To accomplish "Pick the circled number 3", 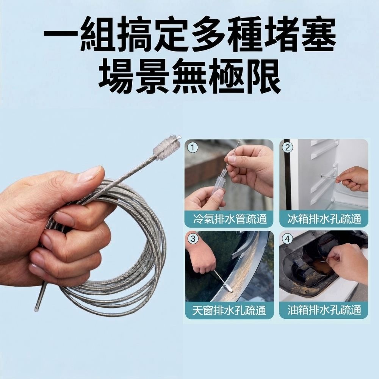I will pyautogui.click(x=193, y=239).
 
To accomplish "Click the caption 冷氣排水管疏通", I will pyautogui.click(x=229, y=219).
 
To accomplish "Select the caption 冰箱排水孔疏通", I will pyautogui.click(x=324, y=219).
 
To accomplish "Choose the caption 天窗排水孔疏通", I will pyautogui.click(x=229, y=310).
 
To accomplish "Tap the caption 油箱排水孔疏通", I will pyautogui.click(x=324, y=310).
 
